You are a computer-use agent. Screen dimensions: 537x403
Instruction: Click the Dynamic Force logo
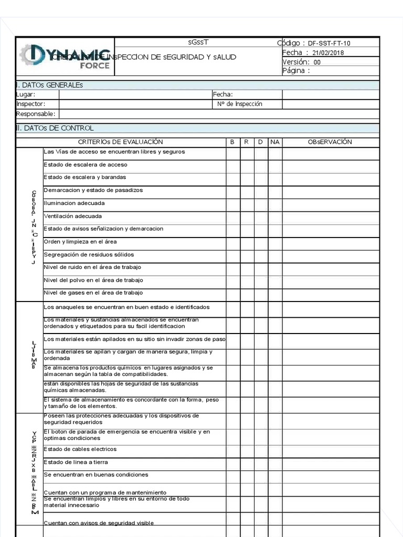(65, 57)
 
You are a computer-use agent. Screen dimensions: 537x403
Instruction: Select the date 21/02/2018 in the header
(328, 53)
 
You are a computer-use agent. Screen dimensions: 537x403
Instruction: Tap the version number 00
(317, 62)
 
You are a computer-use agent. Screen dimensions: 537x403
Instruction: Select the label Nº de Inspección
(240, 104)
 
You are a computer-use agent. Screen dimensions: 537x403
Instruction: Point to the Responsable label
(35, 114)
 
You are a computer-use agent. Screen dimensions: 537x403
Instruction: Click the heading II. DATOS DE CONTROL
(55, 128)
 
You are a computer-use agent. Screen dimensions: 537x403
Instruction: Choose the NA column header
(275, 142)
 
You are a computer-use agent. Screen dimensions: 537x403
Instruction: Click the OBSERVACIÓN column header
(330, 142)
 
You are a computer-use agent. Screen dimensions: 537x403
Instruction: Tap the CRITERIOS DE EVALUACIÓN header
(121, 142)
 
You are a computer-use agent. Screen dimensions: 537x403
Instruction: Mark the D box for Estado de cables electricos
(261, 451)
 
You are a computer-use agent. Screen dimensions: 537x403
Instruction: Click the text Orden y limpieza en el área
(80, 242)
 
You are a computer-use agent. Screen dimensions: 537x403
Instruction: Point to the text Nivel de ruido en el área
(92, 267)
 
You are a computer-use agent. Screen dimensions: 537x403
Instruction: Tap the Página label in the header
(296, 71)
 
